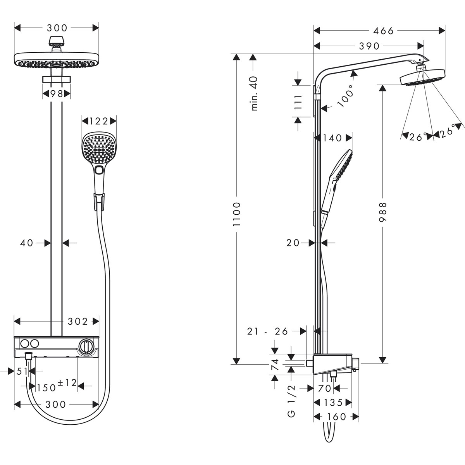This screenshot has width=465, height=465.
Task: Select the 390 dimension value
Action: pyautogui.click(x=369, y=46)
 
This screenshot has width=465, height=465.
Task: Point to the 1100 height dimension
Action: pyautogui.click(x=237, y=214)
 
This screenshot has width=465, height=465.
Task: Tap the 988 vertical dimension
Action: pyautogui.click(x=383, y=212)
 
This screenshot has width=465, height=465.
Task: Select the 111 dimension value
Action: pyautogui.click(x=298, y=102)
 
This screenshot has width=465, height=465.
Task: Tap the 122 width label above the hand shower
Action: pyautogui.click(x=98, y=121)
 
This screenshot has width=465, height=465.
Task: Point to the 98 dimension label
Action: pyautogui.click(x=57, y=93)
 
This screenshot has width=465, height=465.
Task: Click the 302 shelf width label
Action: pyautogui.click(x=78, y=321)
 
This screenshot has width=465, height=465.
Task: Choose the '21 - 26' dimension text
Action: pyautogui.click(x=268, y=331)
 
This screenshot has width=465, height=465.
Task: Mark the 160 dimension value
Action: pyautogui.click(x=336, y=417)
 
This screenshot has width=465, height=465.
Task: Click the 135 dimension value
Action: pyautogui.click(x=333, y=403)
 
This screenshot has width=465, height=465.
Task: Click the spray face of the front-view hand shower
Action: pyautogui.click(x=99, y=147)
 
